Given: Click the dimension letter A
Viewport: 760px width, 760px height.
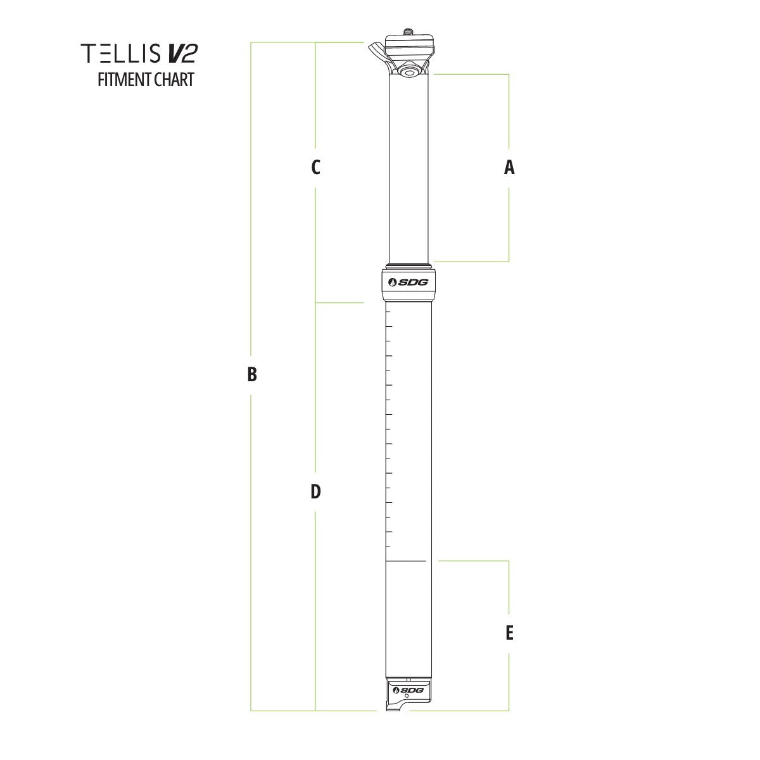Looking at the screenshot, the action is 509,167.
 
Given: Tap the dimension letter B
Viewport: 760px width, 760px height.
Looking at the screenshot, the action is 251,374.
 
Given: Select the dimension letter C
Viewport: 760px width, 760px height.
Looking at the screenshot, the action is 315,167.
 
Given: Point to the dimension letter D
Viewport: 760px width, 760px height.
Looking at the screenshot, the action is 315,492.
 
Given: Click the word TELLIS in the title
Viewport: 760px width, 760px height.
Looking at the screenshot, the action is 121,53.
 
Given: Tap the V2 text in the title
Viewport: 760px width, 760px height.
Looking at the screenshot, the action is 182,53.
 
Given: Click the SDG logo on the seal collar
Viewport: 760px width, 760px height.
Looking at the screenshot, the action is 408,282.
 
